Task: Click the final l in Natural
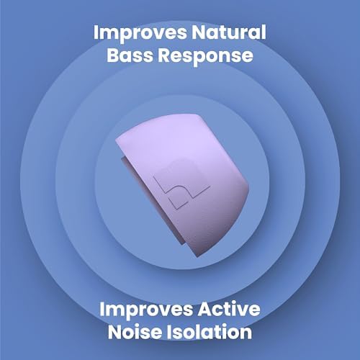pos(264,33)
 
